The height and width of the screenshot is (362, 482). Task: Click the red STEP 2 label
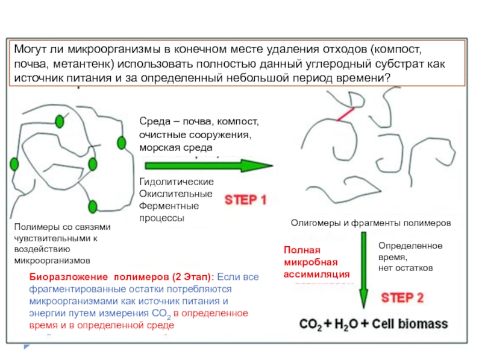click(x=402, y=297)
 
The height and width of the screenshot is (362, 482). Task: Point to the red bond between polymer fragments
click(x=345, y=113)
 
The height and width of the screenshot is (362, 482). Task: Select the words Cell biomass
click(x=413, y=324)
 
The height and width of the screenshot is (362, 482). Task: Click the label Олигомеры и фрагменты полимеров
click(x=371, y=223)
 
